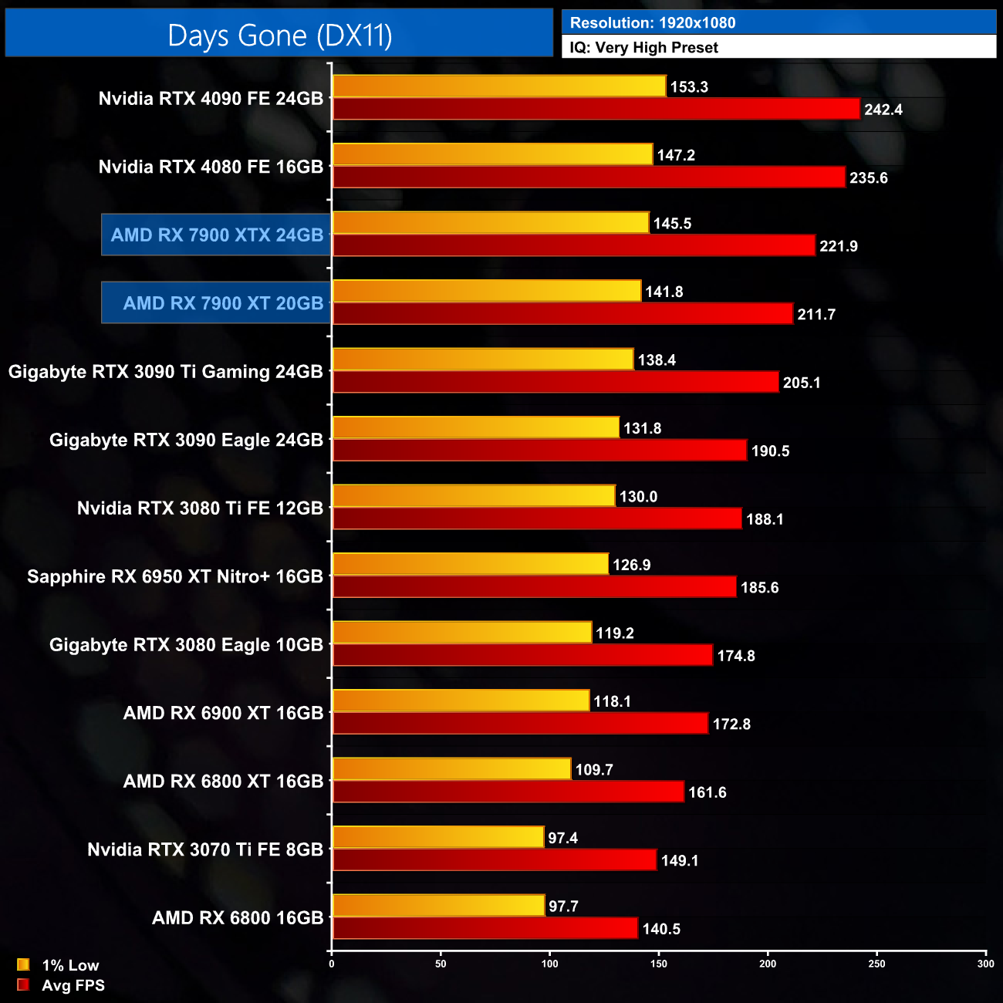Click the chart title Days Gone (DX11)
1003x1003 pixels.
coord(279,35)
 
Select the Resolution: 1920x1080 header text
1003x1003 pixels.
coord(652,23)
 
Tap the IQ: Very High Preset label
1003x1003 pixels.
coord(643,48)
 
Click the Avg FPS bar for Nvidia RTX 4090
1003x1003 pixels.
coord(596,109)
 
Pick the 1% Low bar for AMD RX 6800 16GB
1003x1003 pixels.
coord(438,906)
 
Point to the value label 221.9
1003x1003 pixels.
coord(838,246)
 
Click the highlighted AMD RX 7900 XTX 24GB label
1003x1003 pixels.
coord(217,235)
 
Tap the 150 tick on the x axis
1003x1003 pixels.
coord(659,964)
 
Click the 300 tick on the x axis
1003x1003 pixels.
coord(985,964)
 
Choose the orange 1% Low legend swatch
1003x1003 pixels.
coord(23,964)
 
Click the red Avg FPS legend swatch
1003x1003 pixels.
coord(23,984)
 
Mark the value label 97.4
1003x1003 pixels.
coord(562,838)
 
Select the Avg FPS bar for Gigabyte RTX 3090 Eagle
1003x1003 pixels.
coord(539,451)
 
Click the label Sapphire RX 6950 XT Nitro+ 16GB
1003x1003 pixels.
coord(175,577)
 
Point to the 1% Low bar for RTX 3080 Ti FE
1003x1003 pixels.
coord(474,496)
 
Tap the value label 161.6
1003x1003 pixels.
coord(707,792)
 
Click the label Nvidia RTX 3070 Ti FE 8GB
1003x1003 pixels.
coord(205,850)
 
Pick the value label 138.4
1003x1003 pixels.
coord(657,360)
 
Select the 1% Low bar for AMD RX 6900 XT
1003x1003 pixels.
coord(461,701)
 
